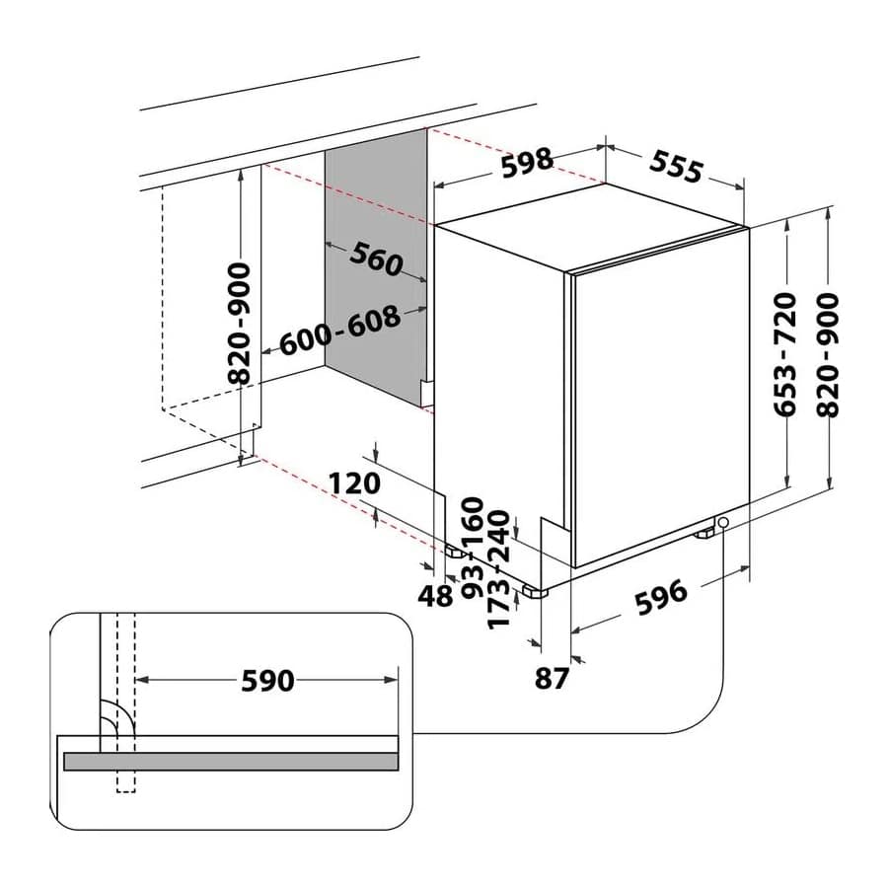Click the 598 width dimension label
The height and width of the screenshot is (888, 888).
(x=527, y=163)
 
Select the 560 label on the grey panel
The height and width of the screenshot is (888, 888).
(x=376, y=259)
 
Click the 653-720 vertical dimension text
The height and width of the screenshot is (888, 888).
(x=785, y=354)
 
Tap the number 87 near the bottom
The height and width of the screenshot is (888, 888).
(x=552, y=678)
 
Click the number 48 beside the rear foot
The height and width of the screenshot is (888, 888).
(x=435, y=596)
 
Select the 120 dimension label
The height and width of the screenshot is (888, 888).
(x=354, y=483)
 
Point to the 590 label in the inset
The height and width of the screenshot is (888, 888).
(x=267, y=680)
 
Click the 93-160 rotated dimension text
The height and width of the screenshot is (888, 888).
(x=473, y=547)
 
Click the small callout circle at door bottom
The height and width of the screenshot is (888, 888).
(x=722, y=522)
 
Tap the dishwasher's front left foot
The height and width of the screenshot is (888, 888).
(x=535, y=592)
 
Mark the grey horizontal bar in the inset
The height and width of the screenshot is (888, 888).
(x=231, y=761)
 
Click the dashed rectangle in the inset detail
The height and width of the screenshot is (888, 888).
(x=125, y=703)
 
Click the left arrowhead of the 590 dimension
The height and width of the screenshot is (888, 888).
(x=142, y=680)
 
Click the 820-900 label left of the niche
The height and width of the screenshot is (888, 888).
(x=242, y=324)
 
